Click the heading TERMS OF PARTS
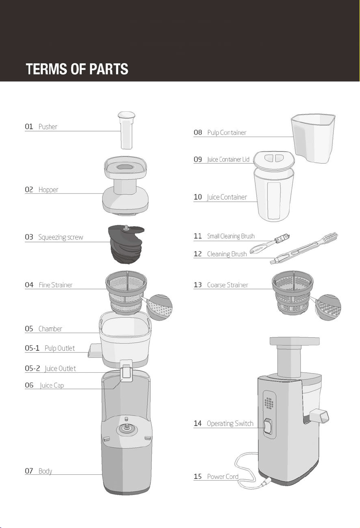click(x=77, y=69)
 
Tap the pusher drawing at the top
click(x=126, y=130)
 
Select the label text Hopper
click(x=48, y=190)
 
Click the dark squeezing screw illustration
click(x=126, y=244)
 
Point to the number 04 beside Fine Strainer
click(x=29, y=285)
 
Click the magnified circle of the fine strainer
click(x=159, y=307)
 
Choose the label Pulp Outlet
click(x=60, y=348)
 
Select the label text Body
click(x=45, y=471)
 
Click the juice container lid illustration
click(x=274, y=160)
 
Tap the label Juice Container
click(x=227, y=197)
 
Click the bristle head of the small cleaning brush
click(x=282, y=238)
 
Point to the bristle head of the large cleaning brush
click(x=330, y=237)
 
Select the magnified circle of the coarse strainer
click(x=328, y=307)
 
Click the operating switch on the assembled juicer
click(x=268, y=426)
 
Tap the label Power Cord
click(x=223, y=476)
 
